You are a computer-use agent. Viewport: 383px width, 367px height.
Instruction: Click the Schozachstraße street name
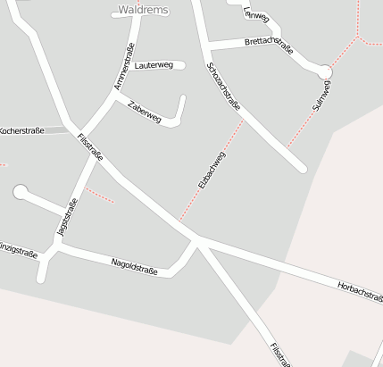(x=223, y=88)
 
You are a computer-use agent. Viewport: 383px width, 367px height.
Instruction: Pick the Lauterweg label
(x=154, y=65)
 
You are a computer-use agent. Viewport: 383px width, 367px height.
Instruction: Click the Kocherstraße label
(x=21, y=130)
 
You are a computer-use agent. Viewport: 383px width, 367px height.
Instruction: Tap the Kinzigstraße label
(x=18, y=249)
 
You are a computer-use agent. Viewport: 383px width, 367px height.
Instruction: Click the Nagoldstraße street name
(x=134, y=265)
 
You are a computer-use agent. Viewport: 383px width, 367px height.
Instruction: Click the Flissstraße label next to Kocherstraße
(x=91, y=146)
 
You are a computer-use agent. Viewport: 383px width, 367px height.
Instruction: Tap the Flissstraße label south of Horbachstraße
(x=279, y=354)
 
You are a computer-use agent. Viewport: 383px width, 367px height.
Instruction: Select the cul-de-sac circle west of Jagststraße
(x=21, y=191)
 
